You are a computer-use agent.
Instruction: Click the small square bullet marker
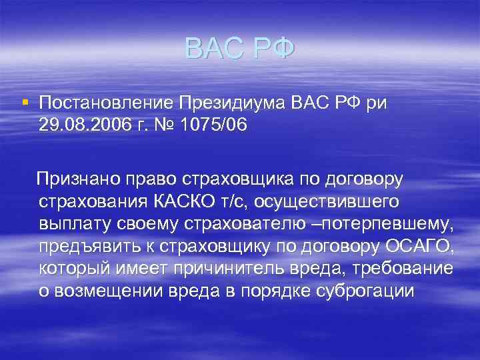(x=25, y=102)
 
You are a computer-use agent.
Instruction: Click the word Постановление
(x=107, y=103)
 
